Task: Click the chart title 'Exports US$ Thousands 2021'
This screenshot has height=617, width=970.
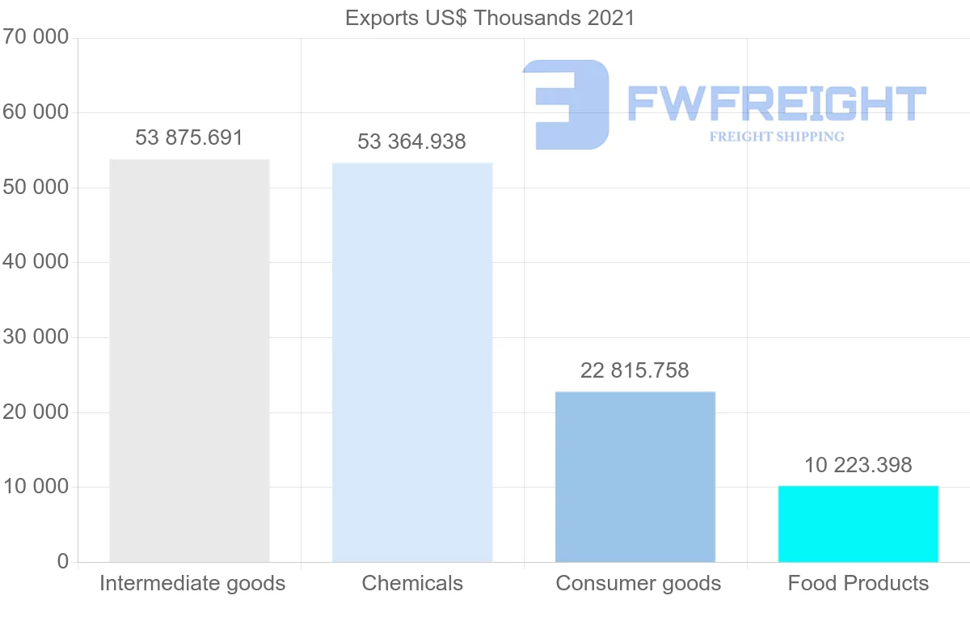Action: click(490, 18)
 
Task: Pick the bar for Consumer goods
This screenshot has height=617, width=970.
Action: click(635, 476)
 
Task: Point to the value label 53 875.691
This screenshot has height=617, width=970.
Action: click(189, 137)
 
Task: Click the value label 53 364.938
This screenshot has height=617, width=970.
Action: click(412, 142)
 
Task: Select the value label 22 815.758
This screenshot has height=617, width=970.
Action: click(635, 370)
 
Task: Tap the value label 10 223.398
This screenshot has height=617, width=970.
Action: click(858, 465)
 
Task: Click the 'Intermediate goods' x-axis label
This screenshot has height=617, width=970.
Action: click(192, 583)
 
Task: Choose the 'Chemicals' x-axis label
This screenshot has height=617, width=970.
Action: click(412, 583)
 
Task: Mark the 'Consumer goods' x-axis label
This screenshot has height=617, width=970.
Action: click(639, 583)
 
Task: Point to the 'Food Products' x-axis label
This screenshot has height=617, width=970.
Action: click(858, 583)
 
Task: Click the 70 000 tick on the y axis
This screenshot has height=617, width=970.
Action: click(35, 37)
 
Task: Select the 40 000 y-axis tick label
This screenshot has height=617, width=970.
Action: click(35, 262)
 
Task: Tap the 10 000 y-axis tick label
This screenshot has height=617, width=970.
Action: click(35, 487)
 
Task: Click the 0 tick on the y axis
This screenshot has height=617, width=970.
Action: click(63, 561)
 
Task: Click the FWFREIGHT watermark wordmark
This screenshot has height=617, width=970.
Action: click(777, 103)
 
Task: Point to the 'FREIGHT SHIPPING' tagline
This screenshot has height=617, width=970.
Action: click(777, 137)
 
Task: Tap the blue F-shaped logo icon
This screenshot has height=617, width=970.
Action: click(567, 104)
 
